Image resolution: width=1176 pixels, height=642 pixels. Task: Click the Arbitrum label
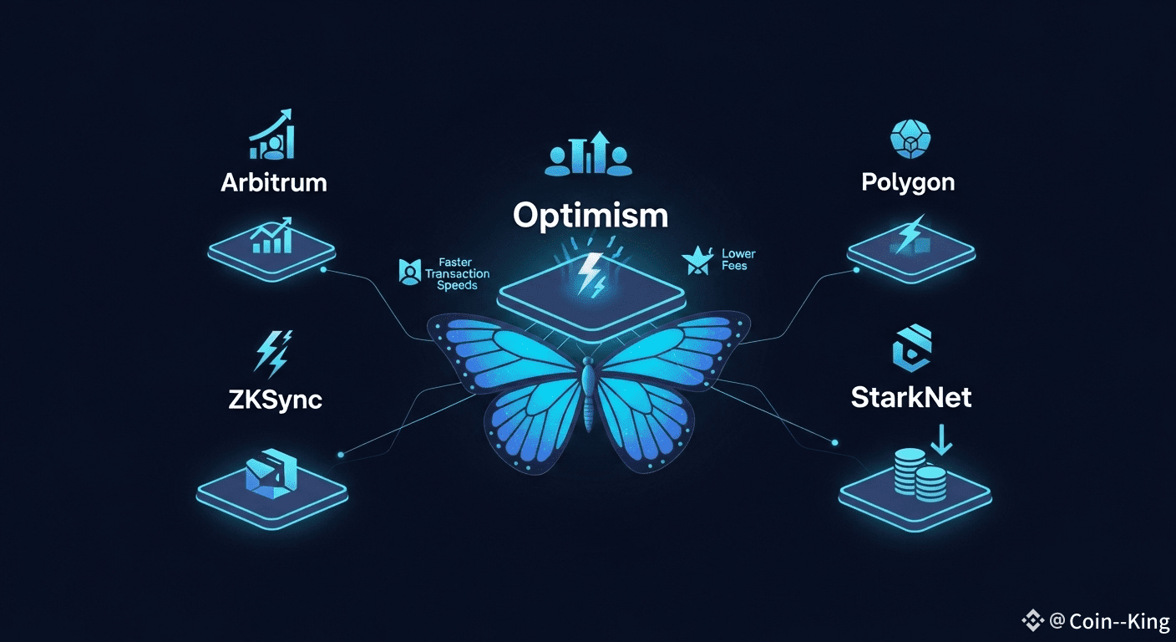tap(273, 182)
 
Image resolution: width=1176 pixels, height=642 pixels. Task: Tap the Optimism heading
tap(590, 216)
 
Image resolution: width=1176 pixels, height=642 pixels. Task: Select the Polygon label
tap(908, 181)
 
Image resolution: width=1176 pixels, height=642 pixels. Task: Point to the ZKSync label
tap(275, 399)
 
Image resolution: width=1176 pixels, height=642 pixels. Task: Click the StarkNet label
tap(911, 396)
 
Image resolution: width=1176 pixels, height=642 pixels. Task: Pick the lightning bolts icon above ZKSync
tap(272, 354)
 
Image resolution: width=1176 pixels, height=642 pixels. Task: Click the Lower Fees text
tap(738, 260)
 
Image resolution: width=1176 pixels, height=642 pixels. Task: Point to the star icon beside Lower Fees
tap(696, 261)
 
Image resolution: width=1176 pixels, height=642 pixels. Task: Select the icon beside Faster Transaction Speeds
tap(409, 272)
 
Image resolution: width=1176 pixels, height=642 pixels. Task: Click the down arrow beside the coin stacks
tap(941, 441)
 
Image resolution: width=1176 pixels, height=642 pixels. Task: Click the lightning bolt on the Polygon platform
tap(908, 234)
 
